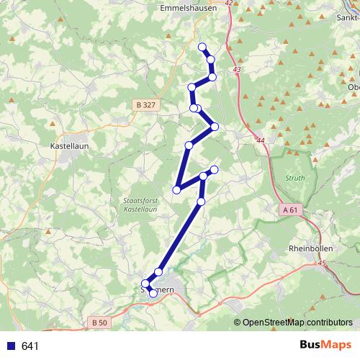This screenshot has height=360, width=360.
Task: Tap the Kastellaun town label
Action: pos(69,145)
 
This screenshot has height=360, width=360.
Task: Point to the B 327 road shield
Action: pos(145,105)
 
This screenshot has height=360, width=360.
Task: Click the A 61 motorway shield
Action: pos(289,210)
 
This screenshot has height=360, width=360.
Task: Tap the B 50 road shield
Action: pos(99,323)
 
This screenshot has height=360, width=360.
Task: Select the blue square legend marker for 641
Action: pos(10,346)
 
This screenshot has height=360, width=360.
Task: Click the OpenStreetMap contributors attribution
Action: pos(297,323)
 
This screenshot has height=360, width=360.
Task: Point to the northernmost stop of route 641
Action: pos(202,48)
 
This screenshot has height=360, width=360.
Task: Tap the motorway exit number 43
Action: pos(237,69)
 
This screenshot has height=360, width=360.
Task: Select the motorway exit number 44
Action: pos(259,140)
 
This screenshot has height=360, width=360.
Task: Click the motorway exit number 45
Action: pos(321,264)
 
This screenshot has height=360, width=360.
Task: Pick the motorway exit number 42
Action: pos(228,4)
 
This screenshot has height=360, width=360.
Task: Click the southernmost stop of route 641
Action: pos(153,293)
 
